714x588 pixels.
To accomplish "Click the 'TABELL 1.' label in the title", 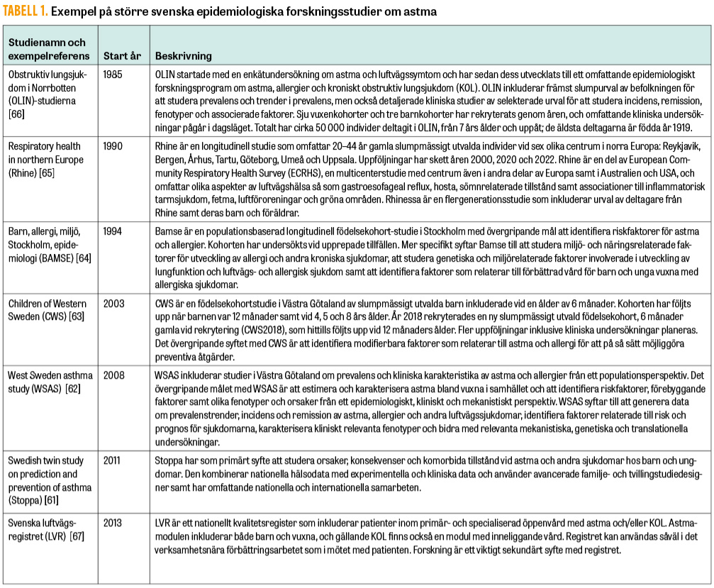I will coord(27,11).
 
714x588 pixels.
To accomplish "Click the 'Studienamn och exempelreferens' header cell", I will coord(48,50).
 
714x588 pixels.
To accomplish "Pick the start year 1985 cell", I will coord(114,74).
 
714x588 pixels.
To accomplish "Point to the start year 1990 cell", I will coord(114,145).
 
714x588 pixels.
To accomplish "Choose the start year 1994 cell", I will coord(114,232).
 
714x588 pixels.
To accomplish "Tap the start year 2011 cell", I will coord(113,460).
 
